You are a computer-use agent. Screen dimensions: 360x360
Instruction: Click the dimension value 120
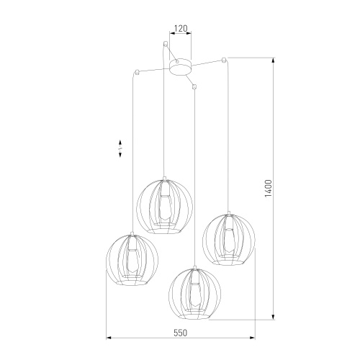click(x=179, y=30)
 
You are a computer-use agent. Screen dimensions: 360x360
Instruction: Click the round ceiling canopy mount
click(x=179, y=66)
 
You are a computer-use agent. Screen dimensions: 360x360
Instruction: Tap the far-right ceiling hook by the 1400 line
click(x=225, y=57)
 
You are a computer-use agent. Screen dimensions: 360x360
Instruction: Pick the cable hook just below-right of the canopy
click(x=195, y=87)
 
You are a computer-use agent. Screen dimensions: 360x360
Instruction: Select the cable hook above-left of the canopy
click(x=166, y=45)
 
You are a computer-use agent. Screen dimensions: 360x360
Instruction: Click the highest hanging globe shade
click(x=165, y=207)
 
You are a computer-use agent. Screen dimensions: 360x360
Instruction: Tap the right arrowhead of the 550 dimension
click(x=254, y=337)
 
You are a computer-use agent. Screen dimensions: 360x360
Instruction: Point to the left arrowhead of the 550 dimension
click(x=107, y=337)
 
